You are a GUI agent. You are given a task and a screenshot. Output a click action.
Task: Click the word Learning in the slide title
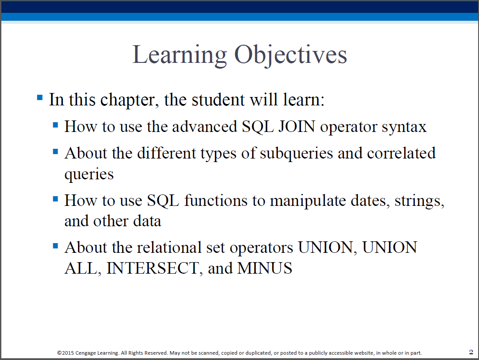(179, 55)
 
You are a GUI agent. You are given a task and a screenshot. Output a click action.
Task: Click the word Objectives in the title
(291, 55)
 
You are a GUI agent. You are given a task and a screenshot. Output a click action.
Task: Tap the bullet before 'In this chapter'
(40, 98)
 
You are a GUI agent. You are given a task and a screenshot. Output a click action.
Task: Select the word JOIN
(296, 126)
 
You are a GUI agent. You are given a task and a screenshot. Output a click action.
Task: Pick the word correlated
(401, 153)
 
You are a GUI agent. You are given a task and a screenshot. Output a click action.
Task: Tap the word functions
(216, 201)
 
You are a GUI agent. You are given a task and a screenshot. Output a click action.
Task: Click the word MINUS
(265, 268)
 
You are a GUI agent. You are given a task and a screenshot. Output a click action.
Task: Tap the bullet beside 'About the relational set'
(55, 246)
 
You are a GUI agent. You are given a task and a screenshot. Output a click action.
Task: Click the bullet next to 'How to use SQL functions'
(55, 199)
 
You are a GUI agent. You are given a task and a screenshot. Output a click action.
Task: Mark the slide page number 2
(471, 352)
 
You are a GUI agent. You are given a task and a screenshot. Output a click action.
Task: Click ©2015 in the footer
(66, 353)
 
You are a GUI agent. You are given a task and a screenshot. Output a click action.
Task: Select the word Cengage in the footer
(86, 353)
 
